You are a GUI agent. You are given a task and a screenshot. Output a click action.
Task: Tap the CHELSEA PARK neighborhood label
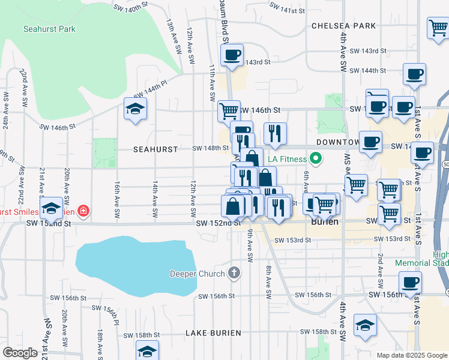343,26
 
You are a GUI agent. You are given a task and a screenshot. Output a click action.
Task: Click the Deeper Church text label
197,274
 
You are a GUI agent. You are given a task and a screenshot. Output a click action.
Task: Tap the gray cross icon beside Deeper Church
234,274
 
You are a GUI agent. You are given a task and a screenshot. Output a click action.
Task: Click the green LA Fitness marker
314,159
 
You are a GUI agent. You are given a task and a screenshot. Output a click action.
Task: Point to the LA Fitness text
287,159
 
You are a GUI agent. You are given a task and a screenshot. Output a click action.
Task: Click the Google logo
20,353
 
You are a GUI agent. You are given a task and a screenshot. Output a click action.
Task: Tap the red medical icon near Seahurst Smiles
82,211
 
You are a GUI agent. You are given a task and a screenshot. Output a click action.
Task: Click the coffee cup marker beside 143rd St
231,55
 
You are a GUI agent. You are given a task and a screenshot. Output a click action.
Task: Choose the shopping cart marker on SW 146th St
229,111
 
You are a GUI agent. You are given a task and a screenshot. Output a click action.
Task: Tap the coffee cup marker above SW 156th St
410,282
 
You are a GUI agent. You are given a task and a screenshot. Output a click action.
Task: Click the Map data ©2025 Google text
411,355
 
